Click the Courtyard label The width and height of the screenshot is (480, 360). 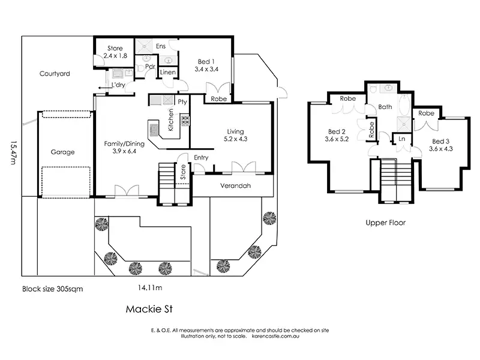[55, 73]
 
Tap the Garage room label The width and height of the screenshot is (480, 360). [63, 152]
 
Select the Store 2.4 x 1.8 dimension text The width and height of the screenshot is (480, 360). [115, 56]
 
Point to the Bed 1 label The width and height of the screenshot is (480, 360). [206, 62]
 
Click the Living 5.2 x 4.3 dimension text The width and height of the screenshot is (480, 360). [235, 139]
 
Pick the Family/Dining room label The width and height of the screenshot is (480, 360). [124, 143]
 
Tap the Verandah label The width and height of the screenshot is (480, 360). [235, 185]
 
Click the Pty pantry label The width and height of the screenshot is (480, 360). [182, 102]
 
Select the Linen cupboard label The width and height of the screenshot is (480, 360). [168, 72]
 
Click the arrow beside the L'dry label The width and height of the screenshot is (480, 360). [104, 88]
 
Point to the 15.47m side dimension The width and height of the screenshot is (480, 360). [13, 152]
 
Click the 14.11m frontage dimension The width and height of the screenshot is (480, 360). [150, 288]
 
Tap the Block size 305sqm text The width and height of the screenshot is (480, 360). [53, 289]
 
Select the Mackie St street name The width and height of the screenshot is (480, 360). [149, 309]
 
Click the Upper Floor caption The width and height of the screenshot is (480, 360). [386, 223]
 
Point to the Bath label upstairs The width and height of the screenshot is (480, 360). [385, 107]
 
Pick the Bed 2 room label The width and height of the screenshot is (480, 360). [337, 131]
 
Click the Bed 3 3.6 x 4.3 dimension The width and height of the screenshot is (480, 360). [441, 149]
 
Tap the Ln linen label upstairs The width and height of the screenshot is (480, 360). [402, 139]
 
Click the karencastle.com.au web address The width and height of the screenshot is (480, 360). [275, 336]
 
